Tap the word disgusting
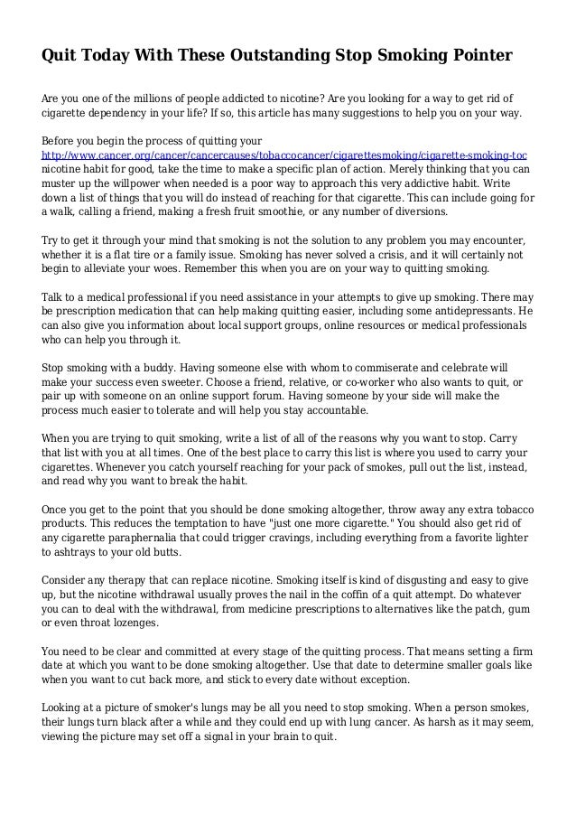[423, 581]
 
